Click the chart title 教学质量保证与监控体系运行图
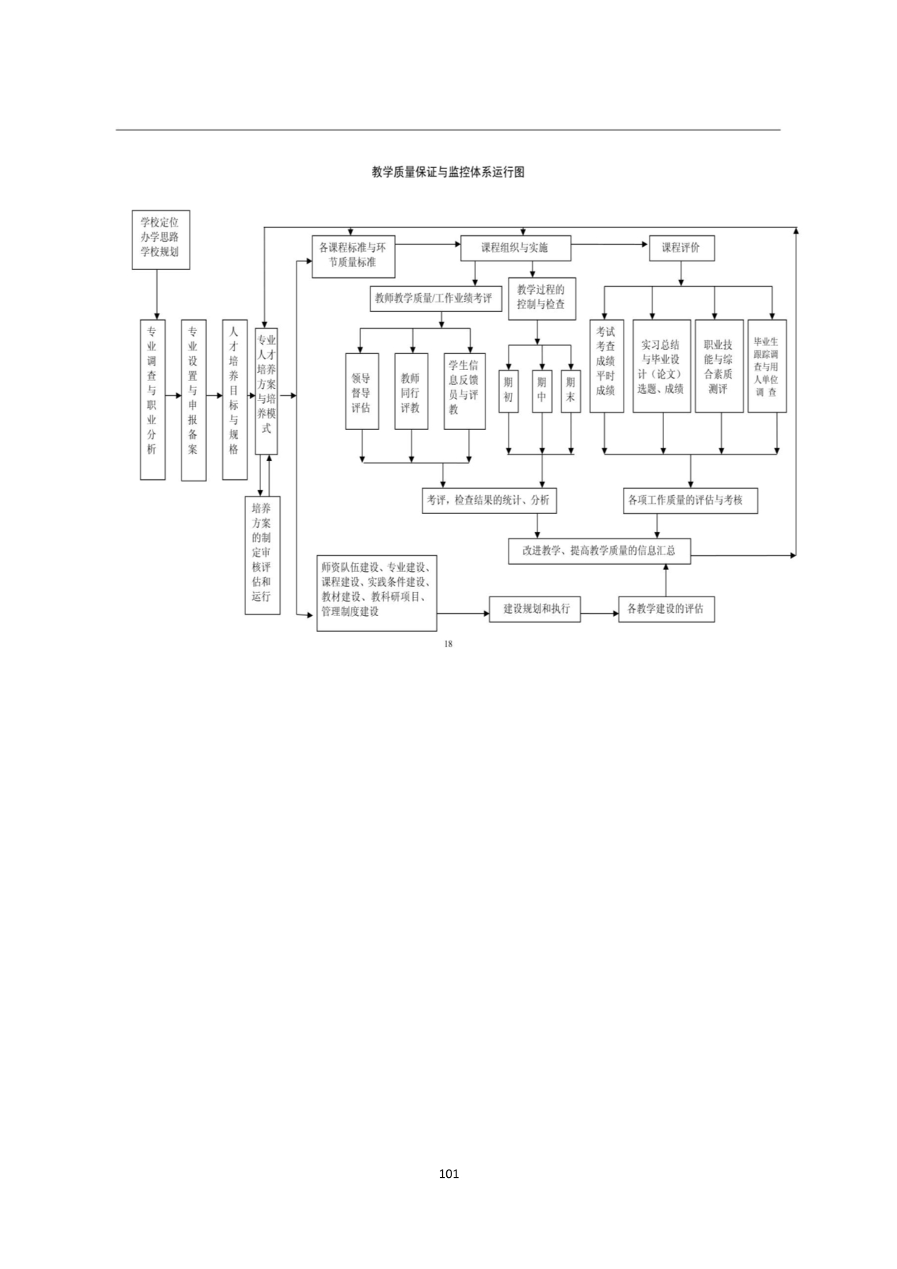(448, 172)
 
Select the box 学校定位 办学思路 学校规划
(161, 240)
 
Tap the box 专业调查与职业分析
(153, 400)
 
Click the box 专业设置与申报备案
(193, 400)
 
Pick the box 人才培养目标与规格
(234, 400)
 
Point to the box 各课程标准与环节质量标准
(353, 256)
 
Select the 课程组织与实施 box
(515, 248)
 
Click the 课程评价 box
(681, 248)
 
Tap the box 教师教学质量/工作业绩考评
(435, 298)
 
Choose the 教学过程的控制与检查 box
(541, 298)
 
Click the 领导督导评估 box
(362, 391)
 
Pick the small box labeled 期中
(542, 391)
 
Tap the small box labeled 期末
(571, 391)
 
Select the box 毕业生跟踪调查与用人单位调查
(767, 366)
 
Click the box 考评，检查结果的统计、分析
(489, 500)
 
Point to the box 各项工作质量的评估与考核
(690, 500)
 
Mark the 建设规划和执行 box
(536, 609)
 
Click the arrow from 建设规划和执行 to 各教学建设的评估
(600, 614)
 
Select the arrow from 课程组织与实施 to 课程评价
(610, 245)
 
